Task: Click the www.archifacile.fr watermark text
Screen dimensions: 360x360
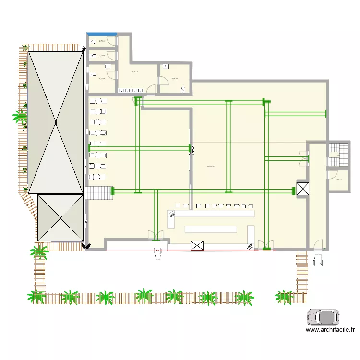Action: pos(330,330)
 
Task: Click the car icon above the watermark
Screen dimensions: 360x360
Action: pos(324,317)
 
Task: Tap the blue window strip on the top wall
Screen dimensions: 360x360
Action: pos(102,34)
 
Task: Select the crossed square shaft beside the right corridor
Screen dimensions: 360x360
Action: pos(303,189)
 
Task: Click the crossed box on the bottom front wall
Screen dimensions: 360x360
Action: pos(197,246)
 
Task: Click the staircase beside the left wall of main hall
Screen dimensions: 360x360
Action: pos(99,192)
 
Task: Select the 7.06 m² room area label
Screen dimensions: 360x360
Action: pos(174,79)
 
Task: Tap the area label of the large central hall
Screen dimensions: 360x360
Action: pos(210,167)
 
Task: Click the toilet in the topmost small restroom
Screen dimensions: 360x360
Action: pos(92,42)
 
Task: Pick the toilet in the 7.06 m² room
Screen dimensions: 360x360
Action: pos(183,88)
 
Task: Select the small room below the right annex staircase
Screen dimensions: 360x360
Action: pos(338,180)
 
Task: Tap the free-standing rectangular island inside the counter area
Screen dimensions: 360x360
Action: pos(211,229)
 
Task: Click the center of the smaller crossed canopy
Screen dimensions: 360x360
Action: pos(61,218)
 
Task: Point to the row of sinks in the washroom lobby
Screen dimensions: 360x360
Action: pos(132,90)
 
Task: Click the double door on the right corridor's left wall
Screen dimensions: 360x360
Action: pos(303,158)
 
